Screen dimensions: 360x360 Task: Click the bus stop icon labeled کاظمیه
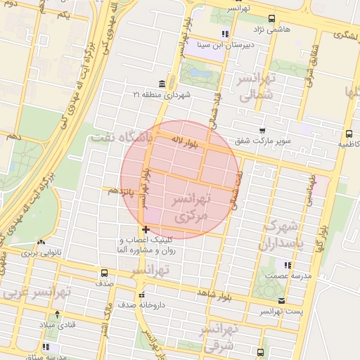[x=349, y=134]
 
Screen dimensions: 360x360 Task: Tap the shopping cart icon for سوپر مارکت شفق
[x=262, y=131]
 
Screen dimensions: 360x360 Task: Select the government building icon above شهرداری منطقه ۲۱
[x=162, y=84]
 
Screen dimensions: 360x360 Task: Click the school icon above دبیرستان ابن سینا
[x=224, y=34]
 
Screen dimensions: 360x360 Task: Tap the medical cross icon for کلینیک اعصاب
[x=145, y=229]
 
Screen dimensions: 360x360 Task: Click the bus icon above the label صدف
[x=105, y=273]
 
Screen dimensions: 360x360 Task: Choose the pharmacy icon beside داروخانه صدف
[x=143, y=295]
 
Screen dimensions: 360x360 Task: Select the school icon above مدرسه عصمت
[x=286, y=265]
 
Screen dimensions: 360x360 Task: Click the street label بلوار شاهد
[x=214, y=291]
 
